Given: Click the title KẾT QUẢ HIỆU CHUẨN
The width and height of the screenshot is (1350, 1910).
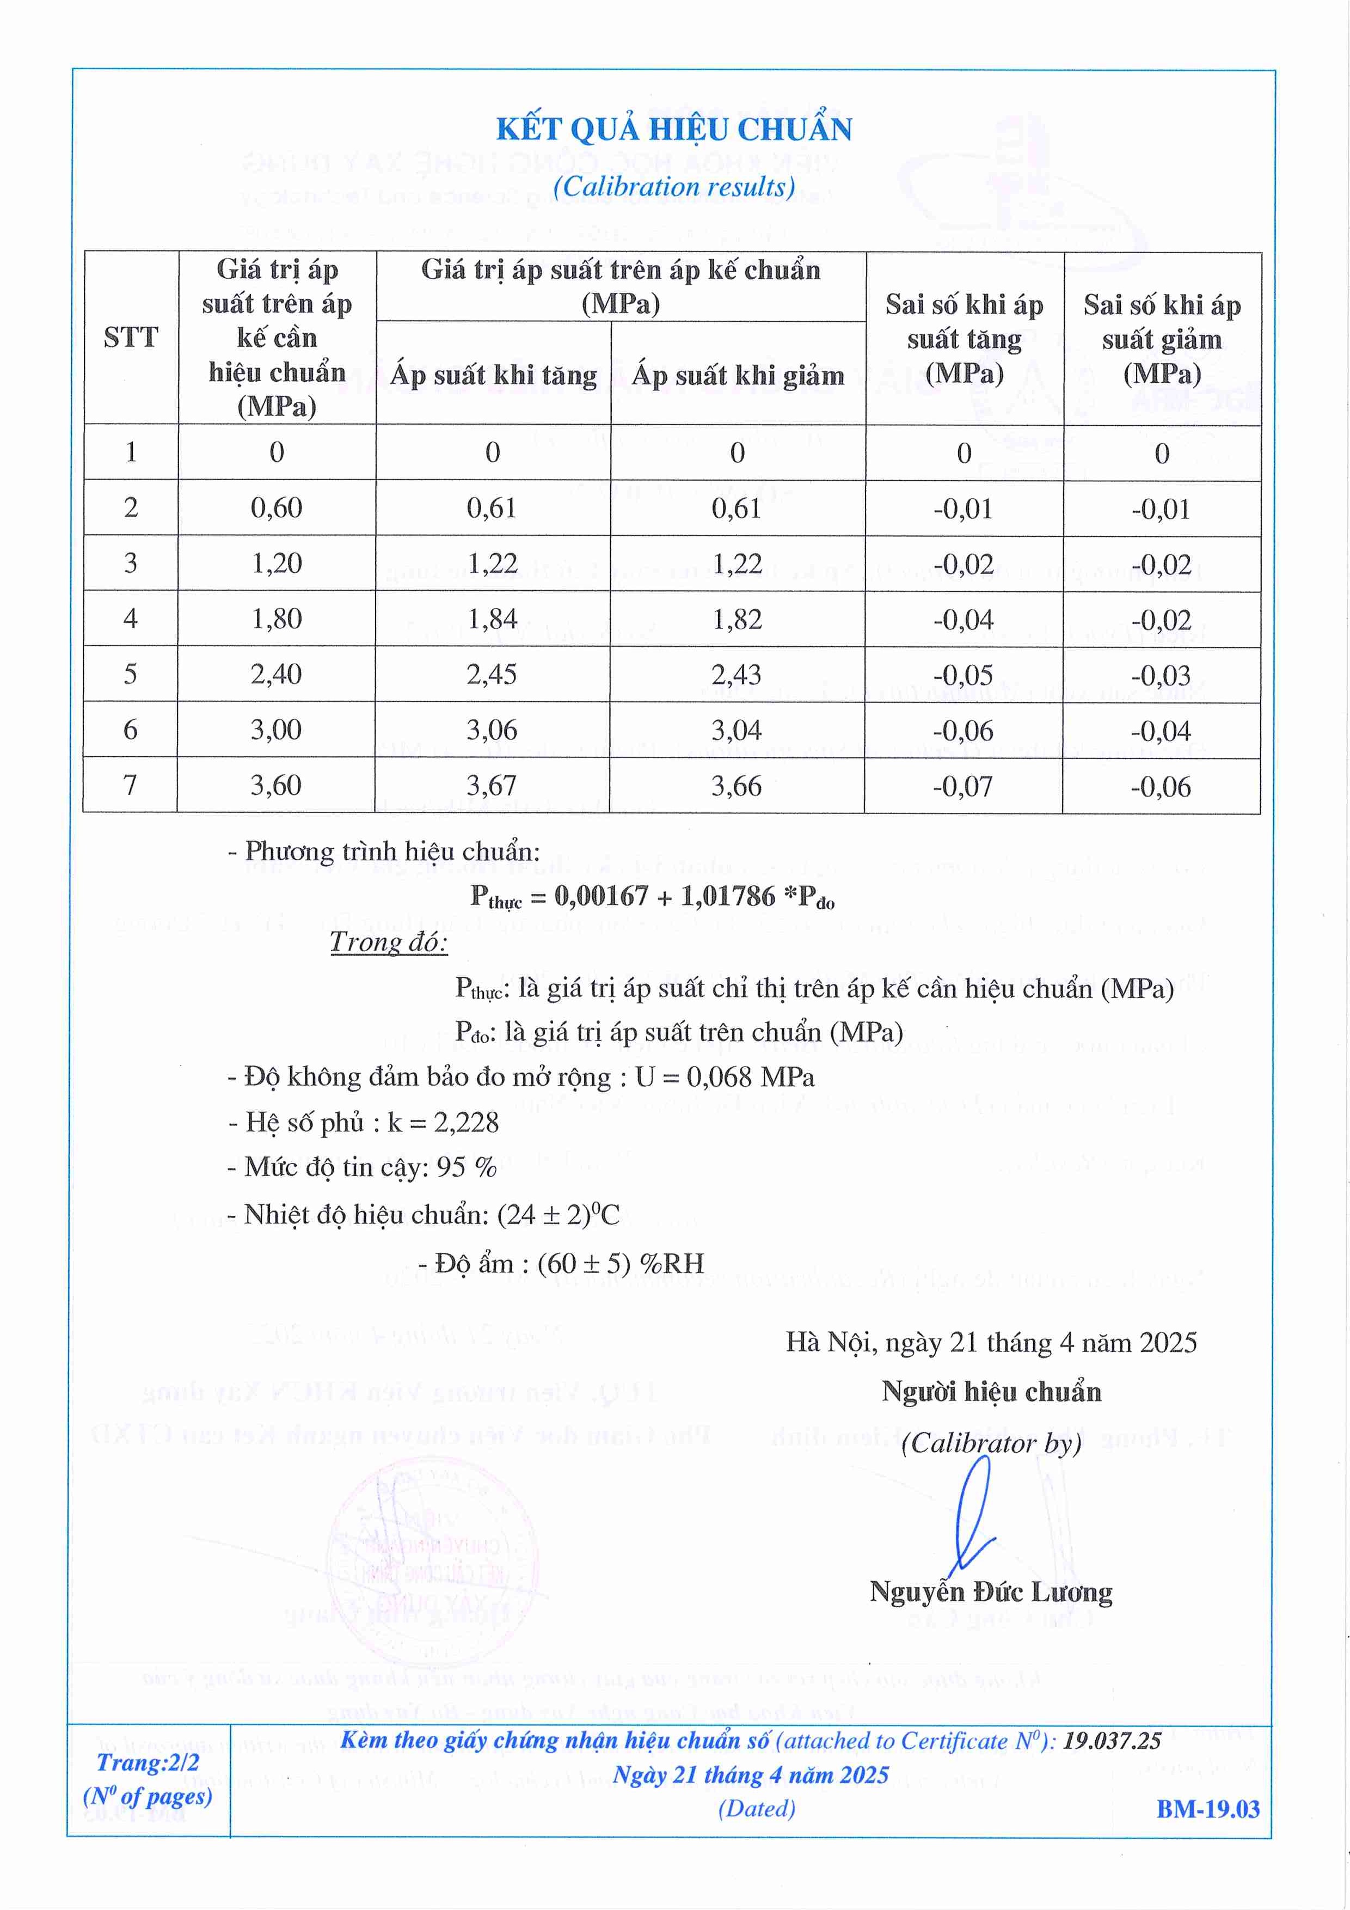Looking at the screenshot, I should pyautogui.click(x=674, y=130).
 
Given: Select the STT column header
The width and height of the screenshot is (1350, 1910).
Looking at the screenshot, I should pyautogui.click(x=131, y=338).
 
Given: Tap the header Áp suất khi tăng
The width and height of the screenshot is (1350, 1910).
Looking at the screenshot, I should pyautogui.click(x=493, y=375).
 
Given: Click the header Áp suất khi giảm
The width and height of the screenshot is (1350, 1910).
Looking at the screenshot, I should pyautogui.click(x=738, y=375).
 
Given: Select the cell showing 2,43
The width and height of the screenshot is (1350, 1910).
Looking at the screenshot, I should pyautogui.click(x=737, y=675).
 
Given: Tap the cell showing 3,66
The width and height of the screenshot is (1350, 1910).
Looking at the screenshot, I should pyautogui.click(x=737, y=785).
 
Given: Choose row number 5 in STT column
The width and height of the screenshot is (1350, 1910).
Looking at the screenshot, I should pyautogui.click(x=131, y=674).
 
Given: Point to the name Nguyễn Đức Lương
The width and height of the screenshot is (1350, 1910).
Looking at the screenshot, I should pyautogui.click(x=991, y=1592).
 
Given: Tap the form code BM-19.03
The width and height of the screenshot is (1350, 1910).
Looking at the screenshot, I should pyautogui.click(x=1208, y=1809).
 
